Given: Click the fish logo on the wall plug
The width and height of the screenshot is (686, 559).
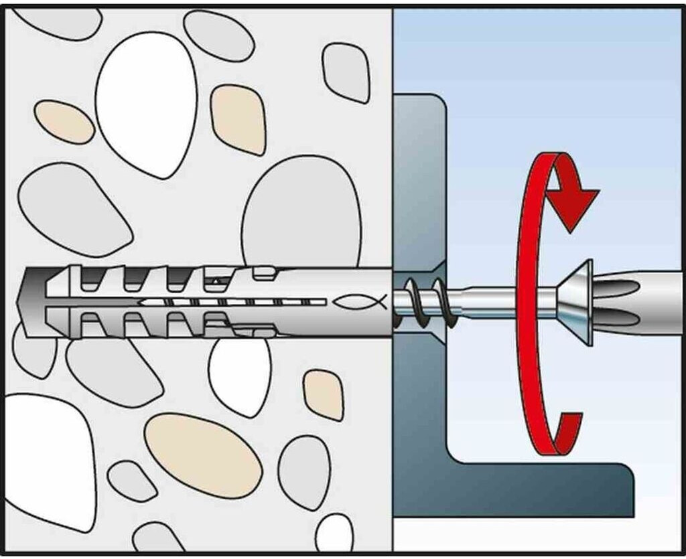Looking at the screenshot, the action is pyautogui.click(x=360, y=302).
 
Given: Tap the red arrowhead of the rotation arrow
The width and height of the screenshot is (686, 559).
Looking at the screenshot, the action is pyautogui.click(x=573, y=204).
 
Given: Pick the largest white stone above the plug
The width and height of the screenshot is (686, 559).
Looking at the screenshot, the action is pyautogui.click(x=146, y=104).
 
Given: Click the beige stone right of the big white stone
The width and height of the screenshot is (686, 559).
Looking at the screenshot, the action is pyautogui.click(x=238, y=118).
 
